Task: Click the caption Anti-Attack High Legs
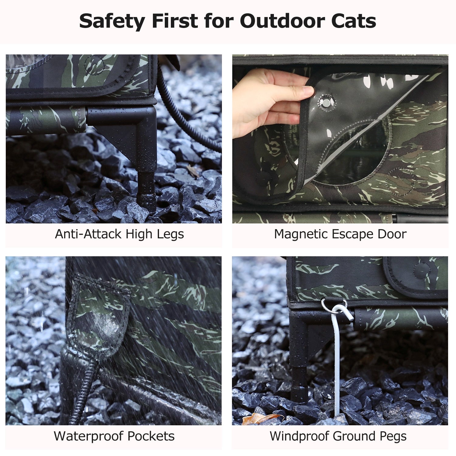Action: [x=119, y=234]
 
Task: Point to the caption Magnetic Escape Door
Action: [x=340, y=234]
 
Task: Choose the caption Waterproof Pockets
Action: [x=114, y=436]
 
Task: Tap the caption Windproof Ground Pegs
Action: [x=338, y=436]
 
